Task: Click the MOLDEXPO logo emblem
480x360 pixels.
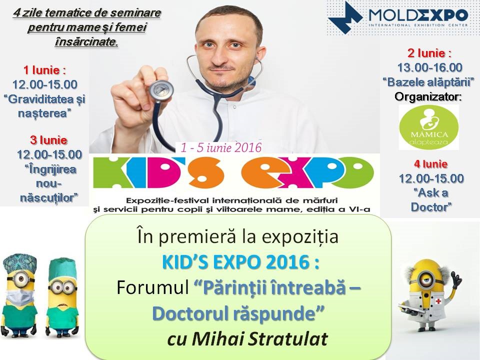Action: (x=345, y=17)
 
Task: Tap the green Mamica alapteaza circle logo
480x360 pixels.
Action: (x=429, y=127)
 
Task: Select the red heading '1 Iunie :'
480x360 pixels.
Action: (x=44, y=70)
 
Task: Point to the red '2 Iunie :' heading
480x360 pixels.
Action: (x=429, y=53)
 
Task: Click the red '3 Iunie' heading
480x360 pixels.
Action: (x=48, y=140)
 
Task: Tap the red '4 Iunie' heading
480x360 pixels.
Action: (x=431, y=164)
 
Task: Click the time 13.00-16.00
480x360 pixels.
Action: (x=430, y=67)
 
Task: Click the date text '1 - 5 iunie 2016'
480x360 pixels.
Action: (x=221, y=147)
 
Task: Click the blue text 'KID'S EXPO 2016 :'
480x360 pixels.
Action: (x=240, y=262)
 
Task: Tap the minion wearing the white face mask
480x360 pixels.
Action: (x=20, y=295)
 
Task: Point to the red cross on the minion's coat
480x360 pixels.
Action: (x=438, y=301)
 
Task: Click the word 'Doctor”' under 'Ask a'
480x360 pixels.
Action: (x=431, y=207)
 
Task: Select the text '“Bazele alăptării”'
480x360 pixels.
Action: (x=428, y=82)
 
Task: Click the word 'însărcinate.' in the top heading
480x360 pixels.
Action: (x=86, y=41)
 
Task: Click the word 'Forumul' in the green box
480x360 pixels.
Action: (x=153, y=288)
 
